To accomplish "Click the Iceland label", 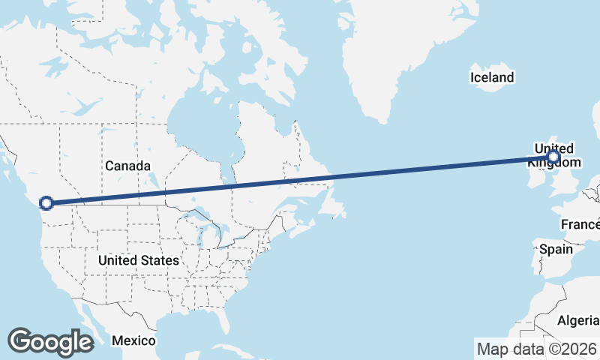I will (x=492, y=77).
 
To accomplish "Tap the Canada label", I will (x=127, y=166).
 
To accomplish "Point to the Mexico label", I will (x=133, y=340).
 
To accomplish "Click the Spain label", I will (x=556, y=249).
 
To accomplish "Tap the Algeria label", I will (x=577, y=321).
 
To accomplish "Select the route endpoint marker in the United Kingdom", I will (x=553, y=157).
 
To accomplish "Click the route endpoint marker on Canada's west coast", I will (x=46, y=202).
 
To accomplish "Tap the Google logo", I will (x=50, y=342).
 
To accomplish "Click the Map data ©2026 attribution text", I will (x=536, y=349).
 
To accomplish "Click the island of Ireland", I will (x=534, y=176).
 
